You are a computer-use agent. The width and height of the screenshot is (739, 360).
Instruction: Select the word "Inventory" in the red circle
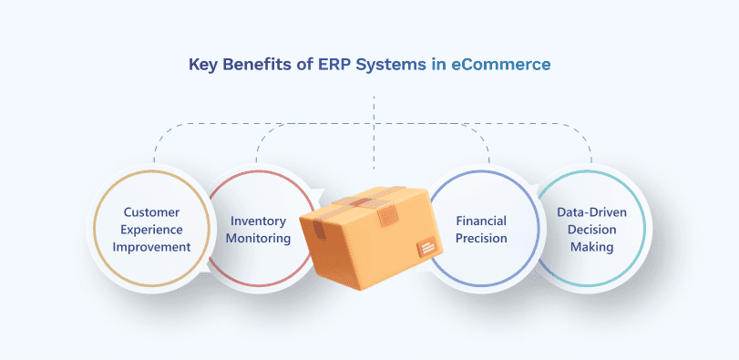pyautogui.click(x=259, y=221)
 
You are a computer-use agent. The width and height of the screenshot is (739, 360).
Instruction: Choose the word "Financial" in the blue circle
pyautogui.click(x=481, y=221)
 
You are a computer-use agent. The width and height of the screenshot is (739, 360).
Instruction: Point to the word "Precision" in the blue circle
pyautogui.click(x=481, y=238)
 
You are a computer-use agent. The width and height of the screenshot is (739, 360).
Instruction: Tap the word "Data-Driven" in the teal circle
pyautogui.click(x=591, y=212)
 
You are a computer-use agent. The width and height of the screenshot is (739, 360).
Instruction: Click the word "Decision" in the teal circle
pyautogui.click(x=591, y=230)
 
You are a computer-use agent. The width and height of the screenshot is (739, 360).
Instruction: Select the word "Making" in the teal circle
pyautogui.click(x=591, y=247)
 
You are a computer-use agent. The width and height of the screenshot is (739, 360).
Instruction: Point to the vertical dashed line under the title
pyautogui.click(x=374, y=137)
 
